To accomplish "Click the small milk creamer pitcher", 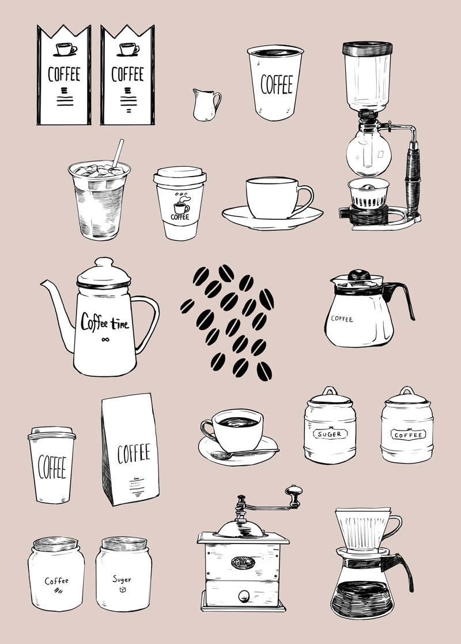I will [206, 105].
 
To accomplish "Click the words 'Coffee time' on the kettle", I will [105, 321].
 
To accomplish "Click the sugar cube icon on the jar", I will [122, 589].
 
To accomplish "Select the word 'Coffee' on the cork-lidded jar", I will [56, 581].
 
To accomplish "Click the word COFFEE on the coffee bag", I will [134, 454].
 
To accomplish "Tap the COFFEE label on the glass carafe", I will [342, 318].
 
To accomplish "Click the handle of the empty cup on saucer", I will [305, 198].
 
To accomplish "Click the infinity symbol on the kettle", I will [105, 339].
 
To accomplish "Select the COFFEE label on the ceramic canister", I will [407, 435].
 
